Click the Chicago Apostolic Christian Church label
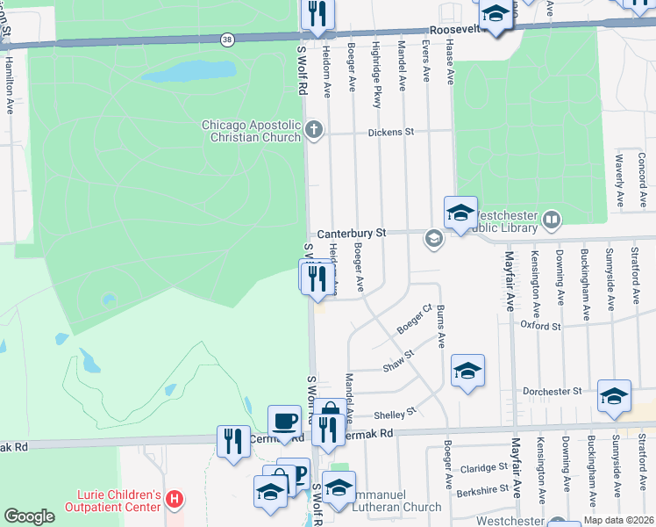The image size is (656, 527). (x=252, y=131)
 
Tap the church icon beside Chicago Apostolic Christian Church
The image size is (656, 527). (x=314, y=131)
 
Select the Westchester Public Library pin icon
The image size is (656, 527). (x=551, y=220)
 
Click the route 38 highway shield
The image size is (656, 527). (x=228, y=40)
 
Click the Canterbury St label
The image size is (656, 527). (x=352, y=234)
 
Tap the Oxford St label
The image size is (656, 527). (x=540, y=326)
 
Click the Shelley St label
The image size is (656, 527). (x=395, y=414)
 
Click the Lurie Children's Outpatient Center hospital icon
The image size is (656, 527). (x=175, y=500)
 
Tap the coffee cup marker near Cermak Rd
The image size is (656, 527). (x=283, y=420)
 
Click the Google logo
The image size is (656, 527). (x=29, y=516)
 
